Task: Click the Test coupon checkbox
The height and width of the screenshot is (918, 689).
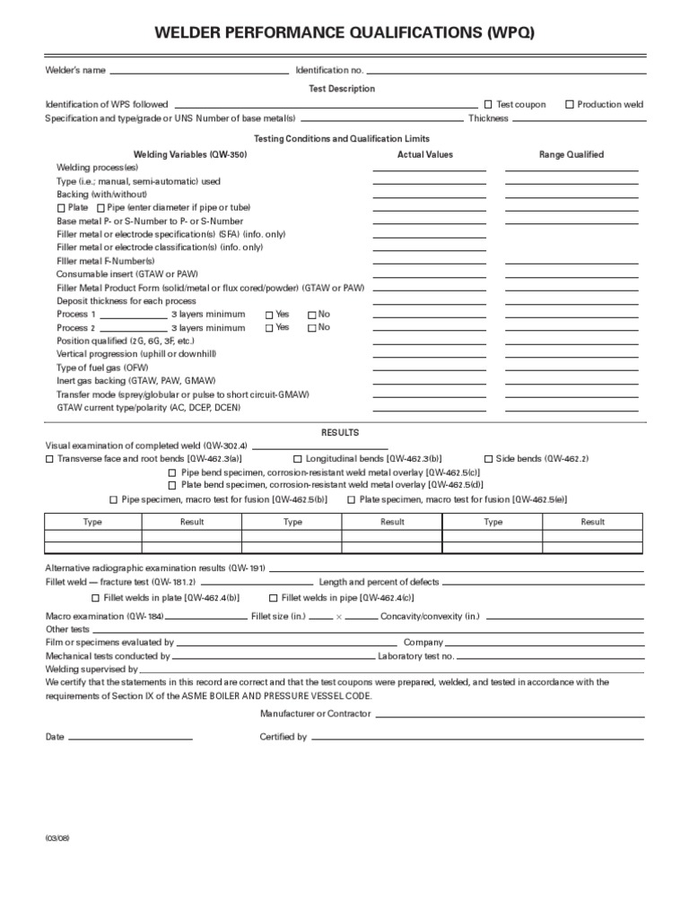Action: point(489,105)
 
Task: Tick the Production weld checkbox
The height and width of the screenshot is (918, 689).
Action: point(570,105)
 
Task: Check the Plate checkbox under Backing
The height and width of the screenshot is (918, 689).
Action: point(61,208)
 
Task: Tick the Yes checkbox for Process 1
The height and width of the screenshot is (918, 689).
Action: point(269,315)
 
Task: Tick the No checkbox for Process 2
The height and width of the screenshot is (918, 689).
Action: point(312,328)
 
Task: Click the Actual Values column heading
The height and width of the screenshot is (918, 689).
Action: point(425,155)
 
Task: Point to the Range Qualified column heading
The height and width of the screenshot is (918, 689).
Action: point(571,155)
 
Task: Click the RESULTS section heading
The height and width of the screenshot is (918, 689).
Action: point(340,432)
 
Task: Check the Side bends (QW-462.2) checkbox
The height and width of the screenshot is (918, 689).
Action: point(489,459)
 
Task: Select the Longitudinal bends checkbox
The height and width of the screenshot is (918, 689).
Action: point(298,459)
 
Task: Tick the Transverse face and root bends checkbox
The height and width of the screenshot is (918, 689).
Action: point(49,459)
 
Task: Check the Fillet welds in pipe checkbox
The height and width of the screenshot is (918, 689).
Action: point(274,598)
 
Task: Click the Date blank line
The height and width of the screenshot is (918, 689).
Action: point(130,737)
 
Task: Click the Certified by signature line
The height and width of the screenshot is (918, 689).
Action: point(477,737)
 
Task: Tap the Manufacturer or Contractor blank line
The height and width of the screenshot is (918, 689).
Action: point(510,714)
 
